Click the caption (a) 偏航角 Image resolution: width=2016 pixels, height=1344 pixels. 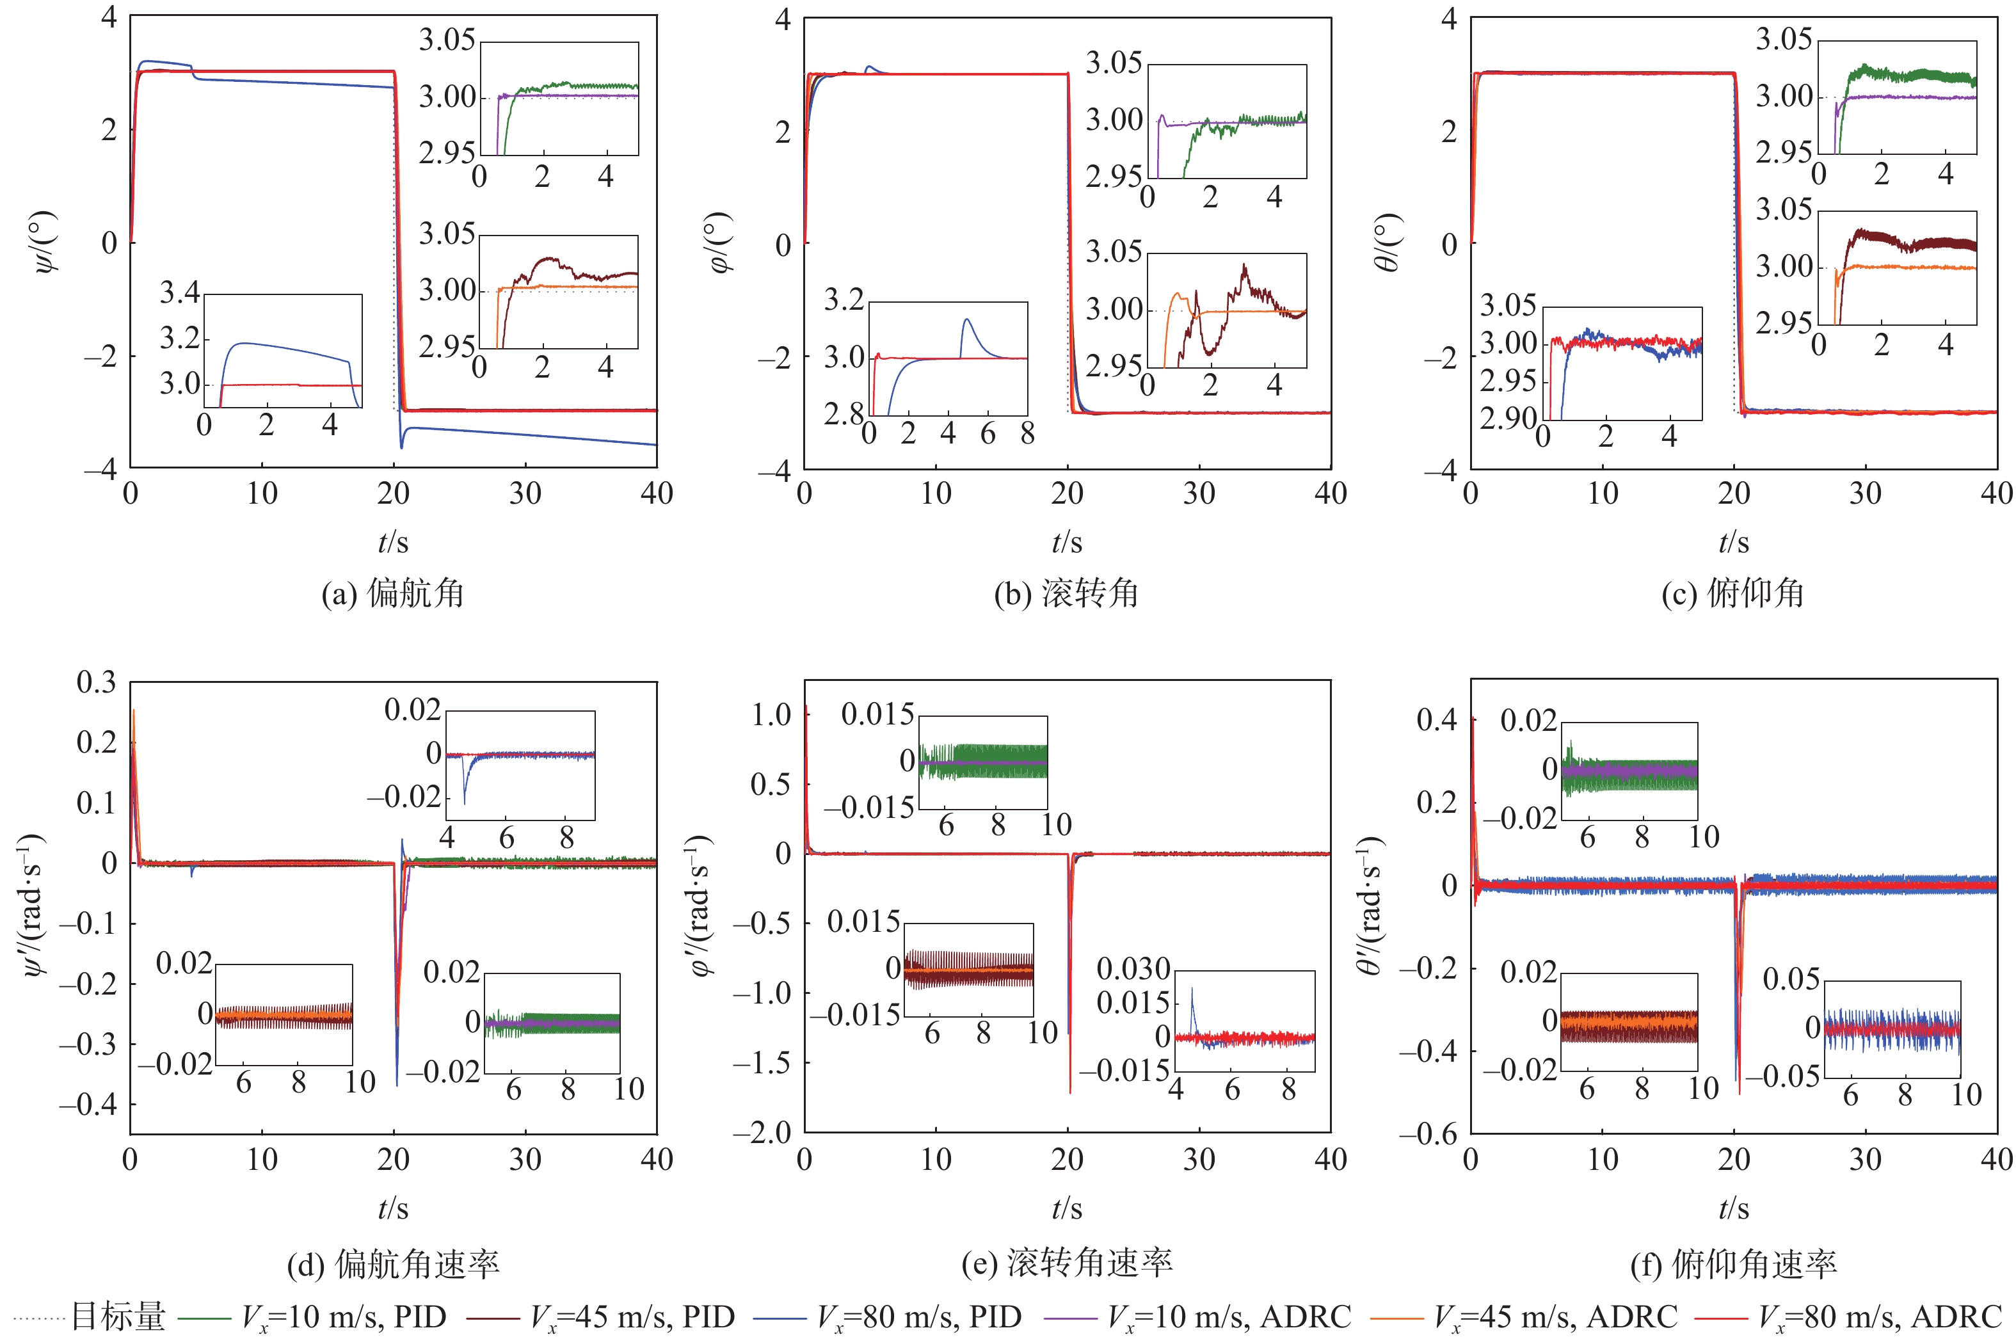392,593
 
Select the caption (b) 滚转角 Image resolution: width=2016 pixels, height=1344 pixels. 1066,593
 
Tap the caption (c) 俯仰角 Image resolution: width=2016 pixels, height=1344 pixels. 1732,593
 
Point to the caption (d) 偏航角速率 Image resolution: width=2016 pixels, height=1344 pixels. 392,1264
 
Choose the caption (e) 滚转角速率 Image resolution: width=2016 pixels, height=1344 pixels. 1066,1263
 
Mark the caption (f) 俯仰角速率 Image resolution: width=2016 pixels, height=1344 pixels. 1732,1264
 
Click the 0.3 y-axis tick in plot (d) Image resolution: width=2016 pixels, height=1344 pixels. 96,682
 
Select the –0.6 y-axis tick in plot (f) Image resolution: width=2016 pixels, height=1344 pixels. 1429,1134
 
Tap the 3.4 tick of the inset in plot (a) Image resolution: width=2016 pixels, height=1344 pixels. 180,292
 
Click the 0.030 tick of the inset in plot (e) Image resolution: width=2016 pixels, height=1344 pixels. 1133,970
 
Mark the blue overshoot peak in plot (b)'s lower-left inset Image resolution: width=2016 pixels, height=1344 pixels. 967,320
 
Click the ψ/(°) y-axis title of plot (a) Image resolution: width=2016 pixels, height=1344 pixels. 48,242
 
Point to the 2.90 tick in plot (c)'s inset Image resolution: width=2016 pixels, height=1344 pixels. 1508,419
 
